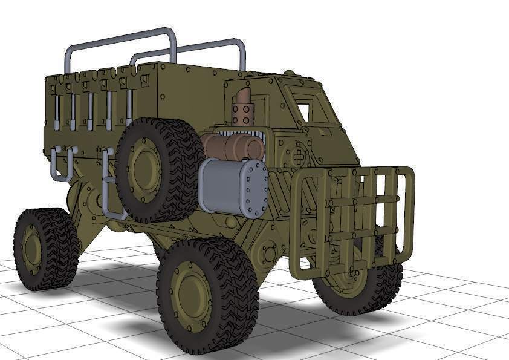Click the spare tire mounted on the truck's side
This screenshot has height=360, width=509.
(158, 170)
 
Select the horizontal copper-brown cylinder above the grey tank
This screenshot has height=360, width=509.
(233, 145)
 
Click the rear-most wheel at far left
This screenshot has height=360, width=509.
(45, 248)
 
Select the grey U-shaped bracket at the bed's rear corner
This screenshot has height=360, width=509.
(60, 163)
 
